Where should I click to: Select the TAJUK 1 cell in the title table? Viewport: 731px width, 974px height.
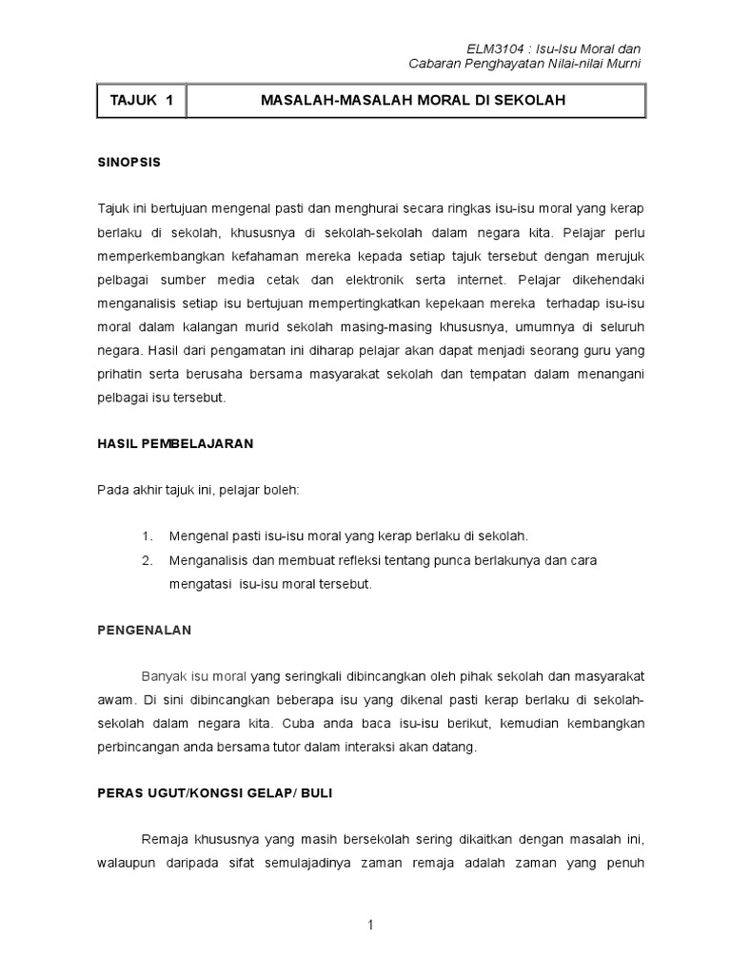[x=141, y=100]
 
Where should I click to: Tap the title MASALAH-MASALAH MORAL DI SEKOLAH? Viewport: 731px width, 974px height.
[x=415, y=100]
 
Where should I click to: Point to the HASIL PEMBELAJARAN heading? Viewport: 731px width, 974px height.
[x=175, y=443]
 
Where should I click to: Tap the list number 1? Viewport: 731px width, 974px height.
[x=147, y=536]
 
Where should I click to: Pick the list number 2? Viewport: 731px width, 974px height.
[x=147, y=560]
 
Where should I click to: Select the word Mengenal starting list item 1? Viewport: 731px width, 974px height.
[x=198, y=536]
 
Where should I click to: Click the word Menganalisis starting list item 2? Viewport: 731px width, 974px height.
[x=209, y=560]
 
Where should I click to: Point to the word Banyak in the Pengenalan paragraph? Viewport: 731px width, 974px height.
[x=161, y=676]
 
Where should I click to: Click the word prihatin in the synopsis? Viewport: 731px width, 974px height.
[x=119, y=374]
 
